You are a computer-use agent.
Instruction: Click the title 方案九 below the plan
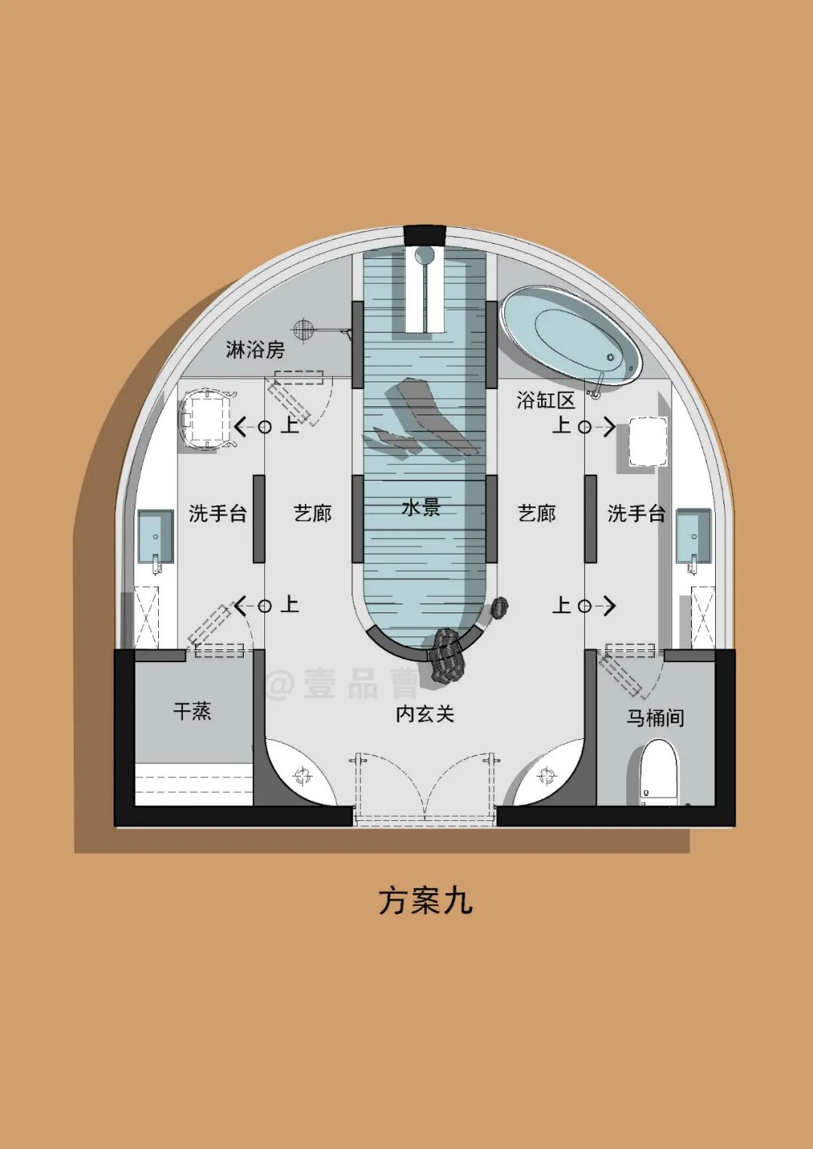pyautogui.click(x=425, y=900)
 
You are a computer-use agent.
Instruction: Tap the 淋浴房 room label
pyautogui.click(x=255, y=350)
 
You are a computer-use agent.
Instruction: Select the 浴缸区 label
pyautogui.click(x=545, y=400)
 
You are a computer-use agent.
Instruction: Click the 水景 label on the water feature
pyautogui.click(x=421, y=507)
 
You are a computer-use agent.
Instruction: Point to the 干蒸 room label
pyautogui.click(x=192, y=711)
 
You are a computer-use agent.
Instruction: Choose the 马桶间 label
pyautogui.click(x=655, y=718)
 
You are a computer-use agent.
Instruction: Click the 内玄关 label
pyautogui.click(x=425, y=713)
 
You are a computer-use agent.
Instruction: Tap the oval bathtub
pyautogui.click(x=572, y=335)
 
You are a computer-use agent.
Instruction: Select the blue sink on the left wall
pyautogui.click(x=155, y=536)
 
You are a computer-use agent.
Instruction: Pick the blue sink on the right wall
pyautogui.click(x=693, y=536)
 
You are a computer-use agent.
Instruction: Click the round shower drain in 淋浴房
pyautogui.click(x=303, y=328)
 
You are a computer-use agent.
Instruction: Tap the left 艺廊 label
pyautogui.click(x=312, y=513)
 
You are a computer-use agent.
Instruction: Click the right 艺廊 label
pyautogui.click(x=537, y=513)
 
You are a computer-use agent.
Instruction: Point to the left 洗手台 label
pyautogui.click(x=218, y=513)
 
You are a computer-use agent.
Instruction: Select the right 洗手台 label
pyautogui.click(x=636, y=513)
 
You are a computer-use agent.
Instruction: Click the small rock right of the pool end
pyautogui.click(x=500, y=606)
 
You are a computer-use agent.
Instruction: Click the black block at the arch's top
pyautogui.click(x=425, y=236)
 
